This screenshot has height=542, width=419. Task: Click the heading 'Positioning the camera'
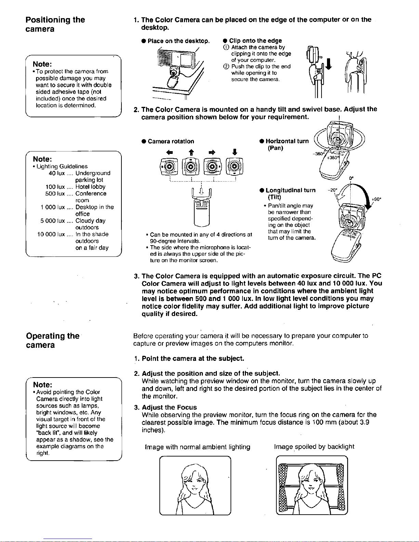[x=55, y=24]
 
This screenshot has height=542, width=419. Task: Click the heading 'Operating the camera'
[x=53, y=340]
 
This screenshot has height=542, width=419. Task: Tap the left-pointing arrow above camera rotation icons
[x=170, y=152]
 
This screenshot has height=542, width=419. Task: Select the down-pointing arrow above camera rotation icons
[x=234, y=152]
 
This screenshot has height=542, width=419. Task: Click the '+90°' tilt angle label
[x=376, y=199]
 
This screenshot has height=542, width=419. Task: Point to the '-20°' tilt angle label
[x=332, y=190]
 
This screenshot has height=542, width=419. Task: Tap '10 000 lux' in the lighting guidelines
[x=51, y=234]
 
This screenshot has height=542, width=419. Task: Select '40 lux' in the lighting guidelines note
[x=57, y=173]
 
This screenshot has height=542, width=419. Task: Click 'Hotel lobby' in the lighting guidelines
[x=90, y=187]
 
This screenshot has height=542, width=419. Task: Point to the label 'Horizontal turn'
[x=287, y=141]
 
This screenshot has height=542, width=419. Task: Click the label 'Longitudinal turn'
[x=290, y=190]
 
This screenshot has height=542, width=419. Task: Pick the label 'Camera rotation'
[x=171, y=142]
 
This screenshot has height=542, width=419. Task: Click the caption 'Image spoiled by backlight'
[x=314, y=447]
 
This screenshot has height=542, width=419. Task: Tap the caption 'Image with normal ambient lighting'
[x=198, y=447]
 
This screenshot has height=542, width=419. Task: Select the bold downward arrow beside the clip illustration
[x=329, y=64]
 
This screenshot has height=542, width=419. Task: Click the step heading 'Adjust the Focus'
[x=169, y=407]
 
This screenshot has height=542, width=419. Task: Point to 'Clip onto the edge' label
[x=256, y=41]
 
